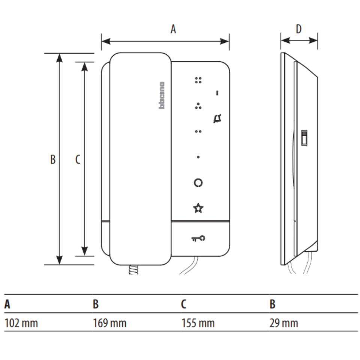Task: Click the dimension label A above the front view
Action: pos(173,29)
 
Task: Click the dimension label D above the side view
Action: pos(298,29)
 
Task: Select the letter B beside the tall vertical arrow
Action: pos(53,159)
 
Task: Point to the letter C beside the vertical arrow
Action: pos(77,159)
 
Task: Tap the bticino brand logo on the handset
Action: pos(162,96)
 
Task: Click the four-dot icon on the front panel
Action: pos(198,80)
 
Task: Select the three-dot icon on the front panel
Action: pos(198,106)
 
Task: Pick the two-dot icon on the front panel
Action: pos(198,131)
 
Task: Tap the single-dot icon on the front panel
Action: pos(198,157)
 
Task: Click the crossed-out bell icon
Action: pos(217,119)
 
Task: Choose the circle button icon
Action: pos(198,183)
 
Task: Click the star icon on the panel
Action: pos(198,208)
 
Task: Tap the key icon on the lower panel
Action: pos(198,238)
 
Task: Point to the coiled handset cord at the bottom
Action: pos(134,269)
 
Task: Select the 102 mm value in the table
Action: pos(21,323)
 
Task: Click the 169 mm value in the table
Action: pos(109,323)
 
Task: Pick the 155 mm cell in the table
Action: pos(198,323)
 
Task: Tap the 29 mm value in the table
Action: pos(283,323)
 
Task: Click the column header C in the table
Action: pos(183,304)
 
